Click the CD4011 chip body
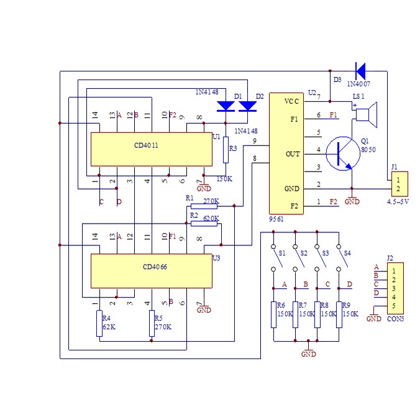click(152, 148)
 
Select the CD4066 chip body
click(152, 270)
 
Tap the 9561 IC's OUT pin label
click(293, 153)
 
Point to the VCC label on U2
click(292, 101)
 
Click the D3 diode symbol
click(360, 71)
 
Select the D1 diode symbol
click(226, 106)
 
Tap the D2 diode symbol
click(247, 106)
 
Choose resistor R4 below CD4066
click(99, 324)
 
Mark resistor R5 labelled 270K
click(152, 324)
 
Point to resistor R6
click(273, 314)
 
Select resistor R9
click(339, 314)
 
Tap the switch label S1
click(283, 253)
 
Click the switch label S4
click(348, 253)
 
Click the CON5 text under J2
click(395, 319)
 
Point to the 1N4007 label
click(360, 83)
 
